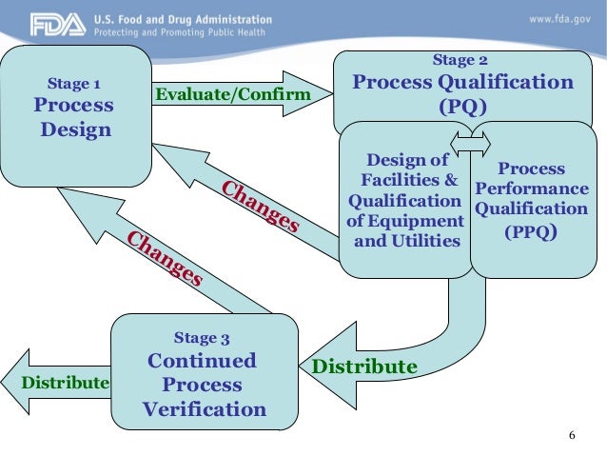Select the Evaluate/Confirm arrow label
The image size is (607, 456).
tap(233, 94)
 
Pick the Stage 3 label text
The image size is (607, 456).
tap(202, 337)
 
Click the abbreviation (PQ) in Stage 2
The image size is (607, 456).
tap(462, 106)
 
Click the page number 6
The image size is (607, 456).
tap(572, 435)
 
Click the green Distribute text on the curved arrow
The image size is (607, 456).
tap(365, 367)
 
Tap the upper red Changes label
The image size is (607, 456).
tap(261, 204)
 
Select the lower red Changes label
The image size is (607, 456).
tap(164, 258)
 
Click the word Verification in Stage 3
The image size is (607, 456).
tap(205, 410)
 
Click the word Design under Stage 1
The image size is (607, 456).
tap(75, 129)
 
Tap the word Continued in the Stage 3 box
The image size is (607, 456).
tap(202, 362)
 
